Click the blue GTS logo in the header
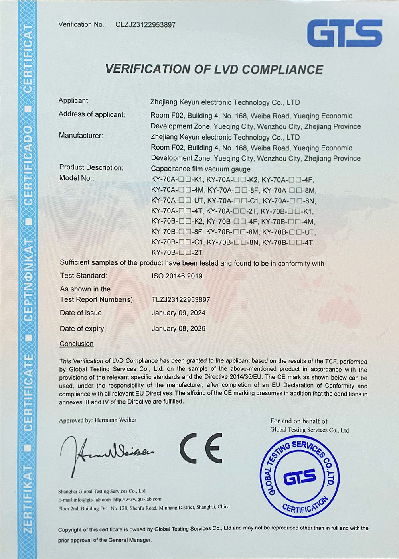pyautogui.click(x=344, y=33)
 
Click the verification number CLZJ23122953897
pyautogui.click(x=145, y=25)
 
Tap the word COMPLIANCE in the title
pyautogui.click(x=282, y=69)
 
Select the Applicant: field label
pyautogui.click(x=74, y=101)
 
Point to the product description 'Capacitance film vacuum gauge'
pyautogui.click(x=201, y=169)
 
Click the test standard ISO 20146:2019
pyautogui.click(x=177, y=276)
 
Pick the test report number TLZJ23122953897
pyautogui.click(x=181, y=300)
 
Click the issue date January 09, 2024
pyautogui.click(x=178, y=313)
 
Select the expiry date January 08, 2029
pyautogui.click(x=178, y=329)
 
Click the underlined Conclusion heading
pyautogui.click(x=77, y=344)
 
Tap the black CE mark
pyautogui.click(x=201, y=447)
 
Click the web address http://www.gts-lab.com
pyautogui.click(x=137, y=499)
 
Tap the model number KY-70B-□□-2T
pyautogui.click(x=177, y=253)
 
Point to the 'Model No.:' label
pyautogui.click(x=77, y=178)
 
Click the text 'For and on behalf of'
pyautogui.click(x=299, y=421)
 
